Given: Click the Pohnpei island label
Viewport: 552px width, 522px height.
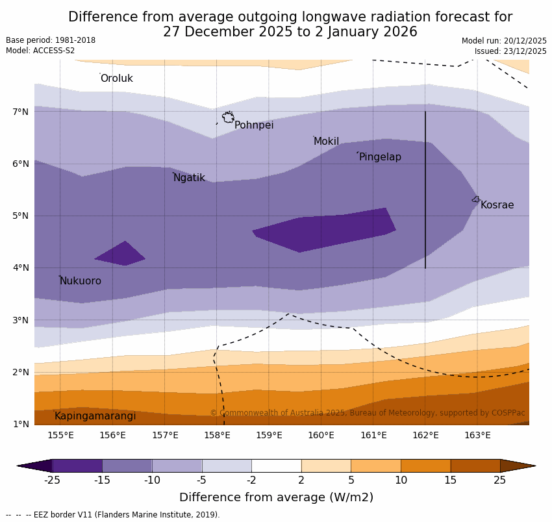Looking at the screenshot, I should [x=254, y=125].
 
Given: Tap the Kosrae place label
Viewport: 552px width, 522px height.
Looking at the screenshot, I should [x=497, y=205].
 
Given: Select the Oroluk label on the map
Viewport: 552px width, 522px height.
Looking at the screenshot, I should [x=117, y=79].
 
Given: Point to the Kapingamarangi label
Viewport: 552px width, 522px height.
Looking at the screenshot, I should [x=95, y=416].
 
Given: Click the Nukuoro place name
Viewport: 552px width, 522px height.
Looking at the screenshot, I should [x=81, y=281].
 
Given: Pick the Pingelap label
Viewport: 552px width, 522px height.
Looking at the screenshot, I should [x=380, y=157].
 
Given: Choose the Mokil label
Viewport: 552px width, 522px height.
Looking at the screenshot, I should [x=326, y=142].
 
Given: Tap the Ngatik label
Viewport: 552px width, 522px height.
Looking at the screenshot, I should [x=189, y=178].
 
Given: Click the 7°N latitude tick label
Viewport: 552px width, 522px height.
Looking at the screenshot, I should [x=21, y=112].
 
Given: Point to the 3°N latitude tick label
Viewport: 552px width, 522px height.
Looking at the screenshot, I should [x=21, y=320].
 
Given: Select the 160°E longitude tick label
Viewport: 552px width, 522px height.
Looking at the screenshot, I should [x=321, y=435].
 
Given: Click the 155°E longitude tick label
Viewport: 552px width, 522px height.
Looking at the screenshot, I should [x=60, y=435].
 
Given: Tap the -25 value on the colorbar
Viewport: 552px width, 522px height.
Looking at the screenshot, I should [x=52, y=480].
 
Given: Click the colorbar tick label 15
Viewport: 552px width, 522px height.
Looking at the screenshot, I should [x=451, y=480].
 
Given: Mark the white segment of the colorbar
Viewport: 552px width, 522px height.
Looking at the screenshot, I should [x=276, y=466].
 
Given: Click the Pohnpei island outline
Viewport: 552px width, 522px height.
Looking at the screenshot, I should [x=228, y=118].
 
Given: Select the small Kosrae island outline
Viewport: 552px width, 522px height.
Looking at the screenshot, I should [x=476, y=199].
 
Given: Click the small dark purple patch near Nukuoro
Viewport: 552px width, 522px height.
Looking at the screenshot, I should [x=121, y=254].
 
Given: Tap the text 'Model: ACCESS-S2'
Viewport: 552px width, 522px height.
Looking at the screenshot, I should [x=40, y=51].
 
